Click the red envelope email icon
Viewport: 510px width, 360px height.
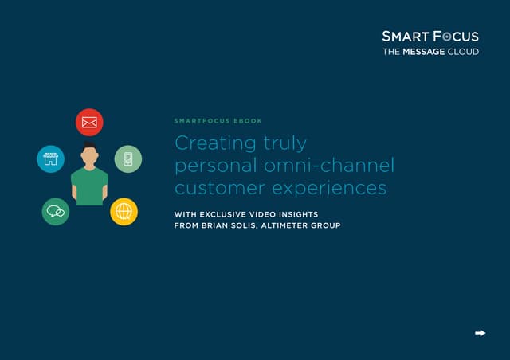[x=89, y=123]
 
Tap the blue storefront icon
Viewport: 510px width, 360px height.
[x=50, y=158]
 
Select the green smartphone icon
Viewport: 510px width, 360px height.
[x=127, y=158]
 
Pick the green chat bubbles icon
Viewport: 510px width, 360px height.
[x=56, y=211]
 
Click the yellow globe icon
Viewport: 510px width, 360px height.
[x=124, y=211]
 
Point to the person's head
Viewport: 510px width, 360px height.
[x=89, y=154]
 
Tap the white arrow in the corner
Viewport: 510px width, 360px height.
[x=480, y=333]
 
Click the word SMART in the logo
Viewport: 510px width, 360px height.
[x=407, y=37]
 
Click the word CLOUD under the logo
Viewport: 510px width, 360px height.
[x=465, y=52]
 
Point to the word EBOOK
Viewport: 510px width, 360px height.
[x=248, y=121]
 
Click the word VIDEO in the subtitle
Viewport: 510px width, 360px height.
[x=282, y=213]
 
